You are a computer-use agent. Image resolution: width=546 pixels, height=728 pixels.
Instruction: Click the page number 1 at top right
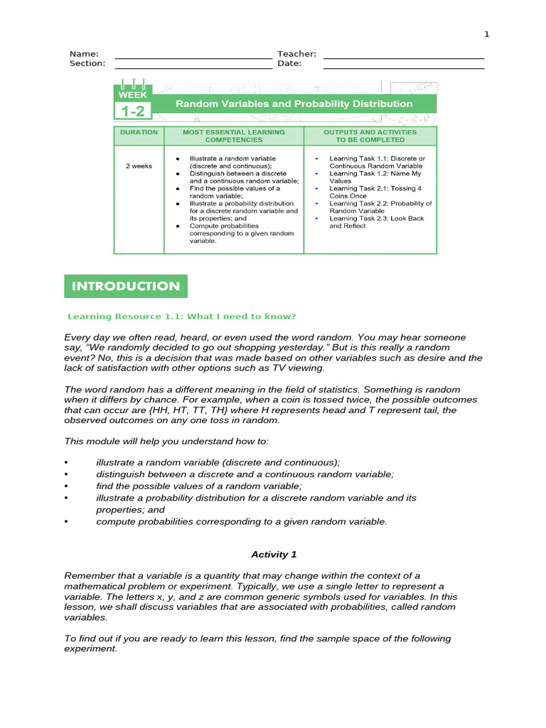(x=487, y=34)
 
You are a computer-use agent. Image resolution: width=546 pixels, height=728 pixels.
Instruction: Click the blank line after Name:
(x=193, y=57)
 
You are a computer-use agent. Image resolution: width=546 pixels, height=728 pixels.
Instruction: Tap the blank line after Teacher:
(x=403, y=57)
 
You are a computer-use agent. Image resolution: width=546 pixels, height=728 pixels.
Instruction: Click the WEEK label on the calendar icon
(x=132, y=95)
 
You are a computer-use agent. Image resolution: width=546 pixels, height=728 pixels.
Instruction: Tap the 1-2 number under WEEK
(x=132, y=111)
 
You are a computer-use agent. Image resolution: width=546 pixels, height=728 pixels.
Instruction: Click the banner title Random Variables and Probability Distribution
(x=294, y=104)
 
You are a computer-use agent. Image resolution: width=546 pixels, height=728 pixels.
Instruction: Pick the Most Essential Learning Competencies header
(x=233, y=136)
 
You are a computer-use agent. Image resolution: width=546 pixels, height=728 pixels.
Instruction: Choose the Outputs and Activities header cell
(x=370, y=136)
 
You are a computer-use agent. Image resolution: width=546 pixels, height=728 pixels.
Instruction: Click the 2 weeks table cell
(x=139, y=166)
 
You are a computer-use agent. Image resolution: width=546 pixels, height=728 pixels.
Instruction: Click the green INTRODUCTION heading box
(x=126, y=287)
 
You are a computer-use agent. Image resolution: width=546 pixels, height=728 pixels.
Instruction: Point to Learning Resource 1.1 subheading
(x=181, y=316)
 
